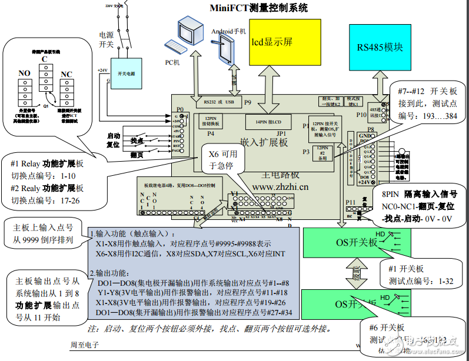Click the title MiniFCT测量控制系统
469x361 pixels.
pyautogui.click(x=258, y=8)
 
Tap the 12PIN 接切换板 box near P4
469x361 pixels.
pyautogui.click(x=211, y=122)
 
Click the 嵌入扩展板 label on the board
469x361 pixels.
pyautogui.click(x=264, y=142)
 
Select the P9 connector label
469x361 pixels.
pyautogui.click(x=248, y=102)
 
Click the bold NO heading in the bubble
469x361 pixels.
pyautogui.click(x=24, y=73)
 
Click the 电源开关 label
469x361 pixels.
pyautogui.click(x=107, y=39)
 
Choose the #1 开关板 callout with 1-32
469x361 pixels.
pyautogui.click(x=418, y=275)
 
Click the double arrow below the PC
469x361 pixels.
pyautogui.click(x=198, y=78)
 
